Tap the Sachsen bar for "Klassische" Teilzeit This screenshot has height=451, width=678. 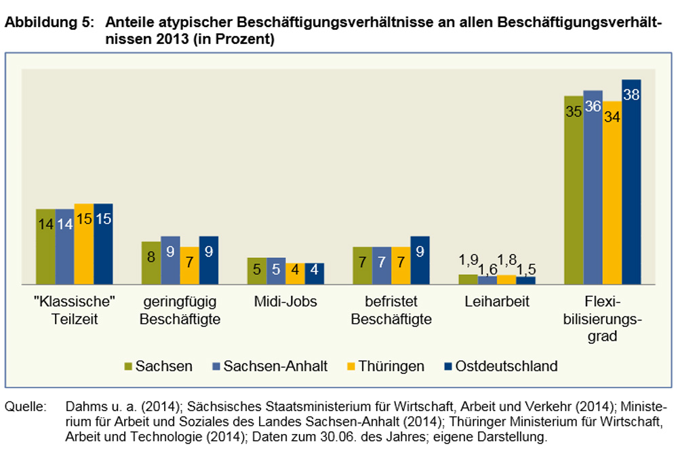(45, 246)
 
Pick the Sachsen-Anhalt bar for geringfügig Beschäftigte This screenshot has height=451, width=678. (170, 260)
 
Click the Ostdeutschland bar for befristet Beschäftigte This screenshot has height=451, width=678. (420, 260)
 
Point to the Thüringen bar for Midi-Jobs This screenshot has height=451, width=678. (295, 274)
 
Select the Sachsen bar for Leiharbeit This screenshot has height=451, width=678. (468, 279)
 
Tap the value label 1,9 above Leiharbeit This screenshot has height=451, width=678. (468, 260)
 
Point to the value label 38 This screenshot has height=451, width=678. (631, 95)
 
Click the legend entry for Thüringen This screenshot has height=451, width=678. (393, 366)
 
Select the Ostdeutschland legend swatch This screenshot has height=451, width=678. (447, 366)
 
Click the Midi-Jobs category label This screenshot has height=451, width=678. (285, 301)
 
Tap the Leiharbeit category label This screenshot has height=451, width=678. (496, 301)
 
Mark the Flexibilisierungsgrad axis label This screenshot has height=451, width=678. (602, 318)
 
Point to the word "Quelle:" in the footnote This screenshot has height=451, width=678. (26, 408)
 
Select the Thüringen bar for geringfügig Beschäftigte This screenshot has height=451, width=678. (189, 265)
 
